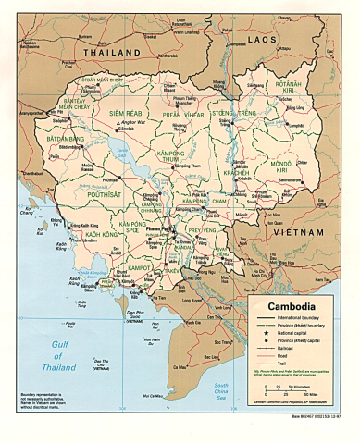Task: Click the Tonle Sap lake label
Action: point(117,151)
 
